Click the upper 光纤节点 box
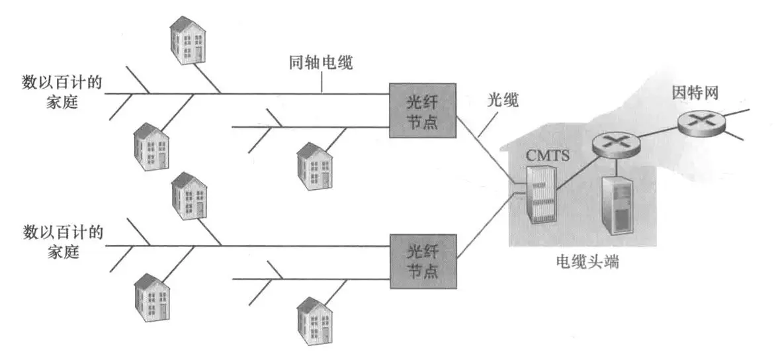(422, 111)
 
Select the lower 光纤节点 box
(422, 261)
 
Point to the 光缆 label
(503, 101)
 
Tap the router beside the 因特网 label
(699, 121)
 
